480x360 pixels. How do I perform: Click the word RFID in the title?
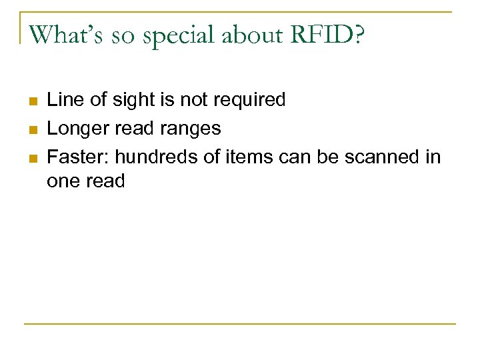pyautogui.click(x=324, y=35)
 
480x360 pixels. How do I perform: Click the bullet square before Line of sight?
pyautogui.click(x=31, y=101)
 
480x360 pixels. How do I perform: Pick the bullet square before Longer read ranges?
pyautogui.click(x=31, y=129)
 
